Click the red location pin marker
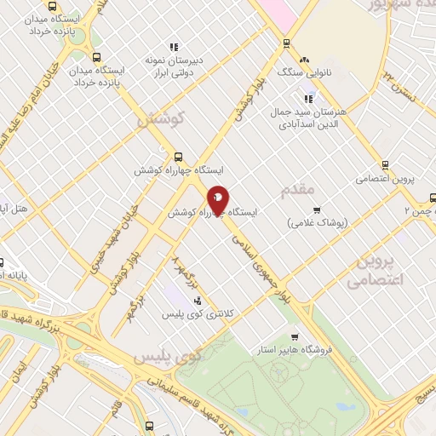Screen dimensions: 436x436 (218, 198)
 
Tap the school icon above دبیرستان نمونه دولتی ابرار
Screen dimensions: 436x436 (174, 48)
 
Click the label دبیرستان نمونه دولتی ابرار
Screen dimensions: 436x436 (174, 67)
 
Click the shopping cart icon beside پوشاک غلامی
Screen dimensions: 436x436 (316, 209)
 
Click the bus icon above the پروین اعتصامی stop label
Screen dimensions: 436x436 (386, 164)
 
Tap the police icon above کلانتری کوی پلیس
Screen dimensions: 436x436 (198, 301)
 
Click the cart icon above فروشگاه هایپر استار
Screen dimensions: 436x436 (295, 337)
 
